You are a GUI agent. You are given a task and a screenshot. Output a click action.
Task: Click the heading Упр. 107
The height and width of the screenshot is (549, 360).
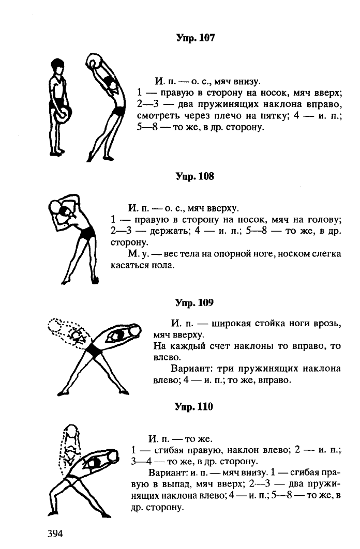pos(196,38)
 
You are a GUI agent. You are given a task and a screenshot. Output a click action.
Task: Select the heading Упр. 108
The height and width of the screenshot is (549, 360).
pos(194,176)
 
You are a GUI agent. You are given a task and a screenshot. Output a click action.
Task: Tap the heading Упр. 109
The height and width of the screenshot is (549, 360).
pos(194,302)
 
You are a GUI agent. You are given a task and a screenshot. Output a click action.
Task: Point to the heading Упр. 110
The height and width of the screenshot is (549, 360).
pos(194,406)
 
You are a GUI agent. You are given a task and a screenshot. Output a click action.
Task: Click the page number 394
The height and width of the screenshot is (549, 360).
pos(55,533)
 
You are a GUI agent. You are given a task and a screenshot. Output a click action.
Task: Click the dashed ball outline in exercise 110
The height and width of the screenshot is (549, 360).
pos(72,431)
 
